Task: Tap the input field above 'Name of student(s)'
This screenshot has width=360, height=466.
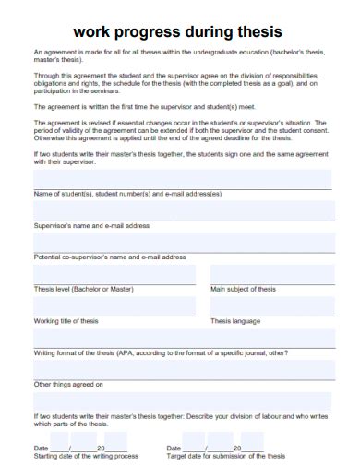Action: [x=182, y=178]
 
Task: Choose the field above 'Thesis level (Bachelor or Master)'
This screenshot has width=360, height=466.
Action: [x=114, y=274]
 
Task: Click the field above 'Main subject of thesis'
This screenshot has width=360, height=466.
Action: [x=270, y=274]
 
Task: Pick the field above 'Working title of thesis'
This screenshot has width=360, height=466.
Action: [x=114, y=305]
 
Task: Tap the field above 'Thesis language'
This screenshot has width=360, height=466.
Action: [x=270, y=305]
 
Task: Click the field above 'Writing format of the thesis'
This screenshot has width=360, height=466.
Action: [x=182, y=338]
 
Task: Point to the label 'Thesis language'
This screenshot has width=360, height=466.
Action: [x=235, y=321]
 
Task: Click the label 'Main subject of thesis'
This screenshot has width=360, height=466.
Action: [x=243, y=289]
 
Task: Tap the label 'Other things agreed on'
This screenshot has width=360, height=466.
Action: [x=68, y=384]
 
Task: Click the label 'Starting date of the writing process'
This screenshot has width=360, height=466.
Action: [x=86, y=456]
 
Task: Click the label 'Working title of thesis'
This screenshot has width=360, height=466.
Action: [x=66, y=321]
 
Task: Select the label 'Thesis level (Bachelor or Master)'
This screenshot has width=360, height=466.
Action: [x=83, y=289]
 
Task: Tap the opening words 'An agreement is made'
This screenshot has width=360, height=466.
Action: [x=65, y=52]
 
